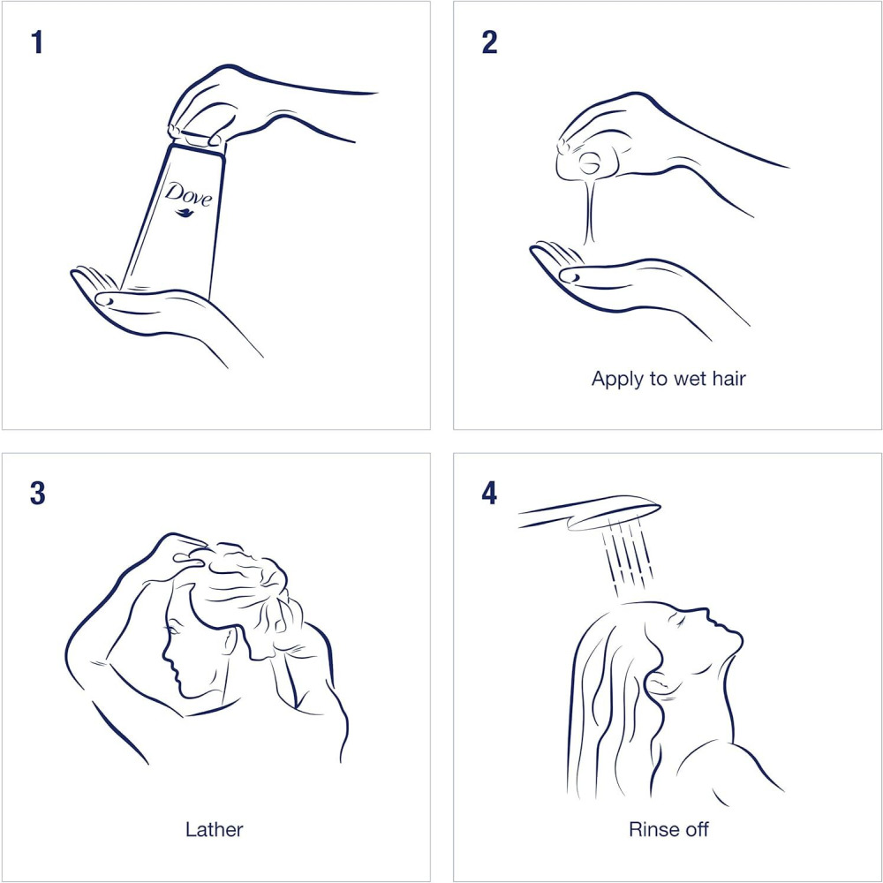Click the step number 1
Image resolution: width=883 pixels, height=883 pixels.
(37, 42)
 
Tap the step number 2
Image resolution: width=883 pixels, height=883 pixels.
(489, 42)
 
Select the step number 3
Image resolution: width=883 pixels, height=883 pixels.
(38, 494)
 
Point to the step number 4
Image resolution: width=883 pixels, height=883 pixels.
(489, 494)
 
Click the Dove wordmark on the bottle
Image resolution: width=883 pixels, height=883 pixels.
(189, 195)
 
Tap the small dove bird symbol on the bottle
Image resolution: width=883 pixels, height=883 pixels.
(185, 212)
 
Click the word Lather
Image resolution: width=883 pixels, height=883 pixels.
(215, 829)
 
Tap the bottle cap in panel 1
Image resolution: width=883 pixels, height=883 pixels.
(197, 140)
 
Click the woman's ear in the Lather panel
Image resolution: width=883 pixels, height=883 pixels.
(228, 641)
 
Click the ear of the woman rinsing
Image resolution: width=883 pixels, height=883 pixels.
(657, 685)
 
